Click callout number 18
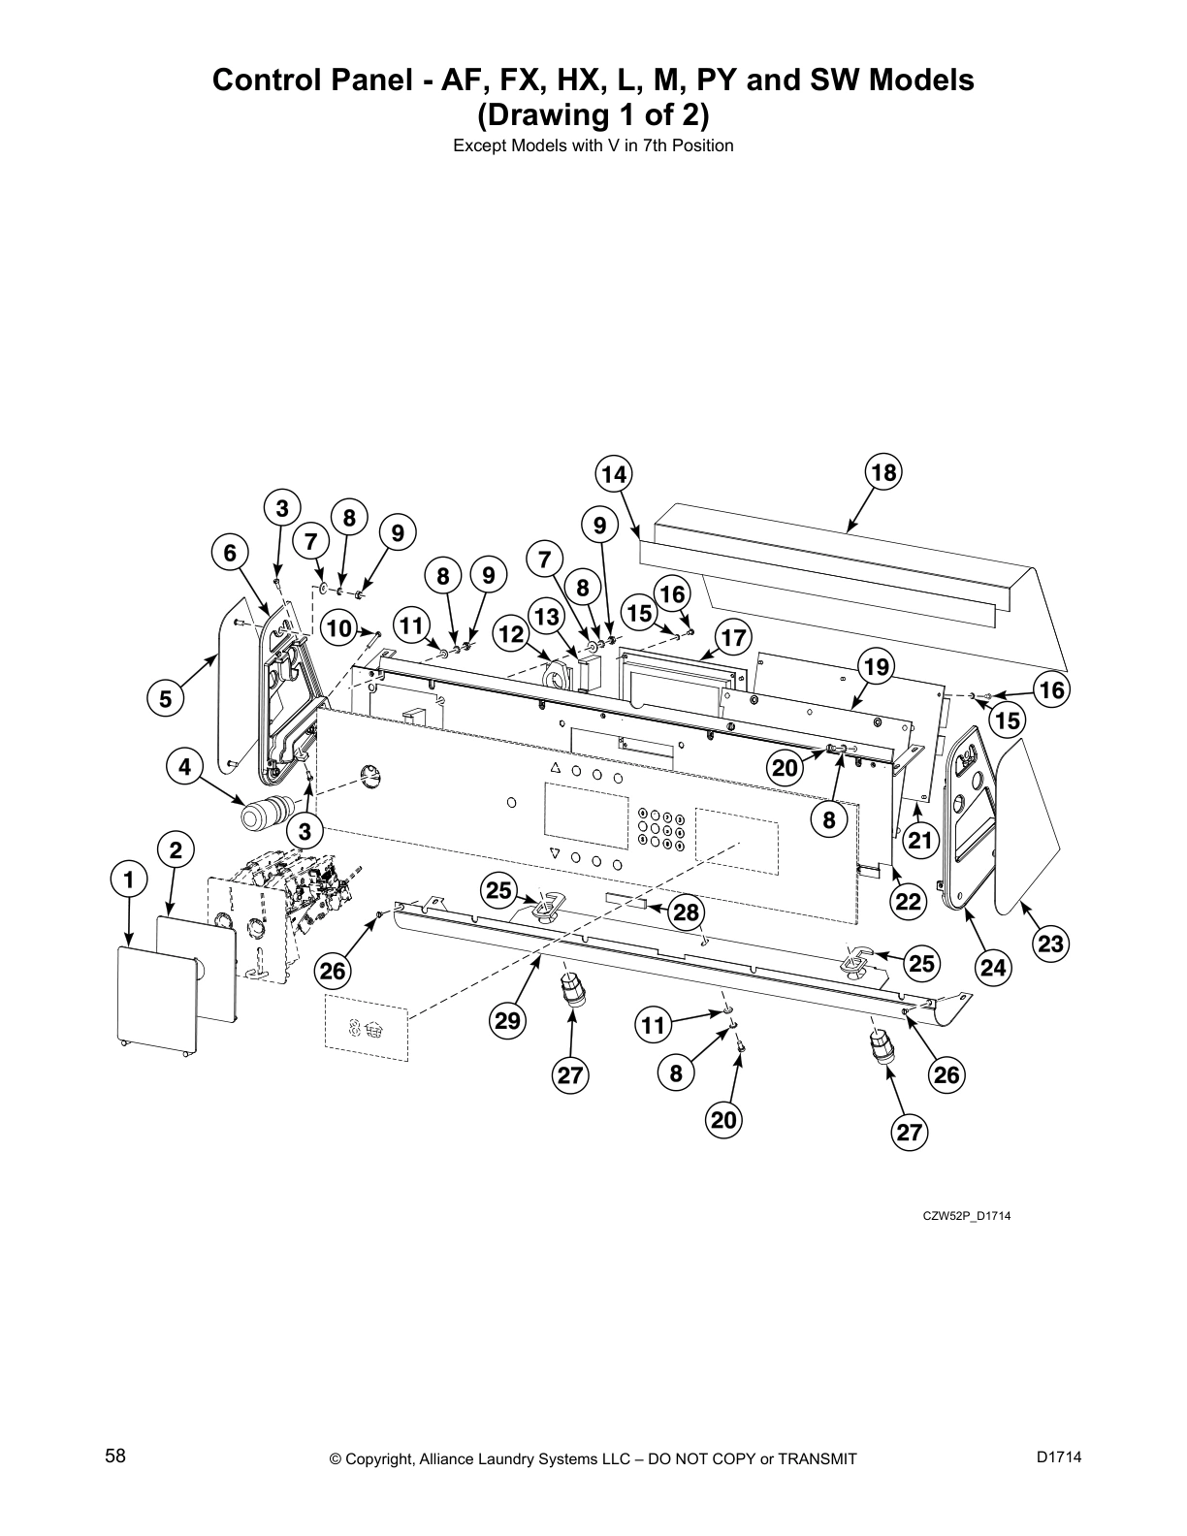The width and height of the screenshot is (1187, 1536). [x=883, y=472]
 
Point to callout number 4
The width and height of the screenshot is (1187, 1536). [x=184, y=767]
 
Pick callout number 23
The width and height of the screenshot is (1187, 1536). [x=1050, y=943]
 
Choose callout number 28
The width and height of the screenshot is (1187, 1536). [x=686, y=912]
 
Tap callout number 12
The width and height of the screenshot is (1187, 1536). [x=511, y=635]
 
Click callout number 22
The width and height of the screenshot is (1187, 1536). [x=908, y=902]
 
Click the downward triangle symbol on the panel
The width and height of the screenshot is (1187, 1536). [x=555, y=854]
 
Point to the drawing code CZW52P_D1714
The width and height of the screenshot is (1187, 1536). [x=966, y=1216]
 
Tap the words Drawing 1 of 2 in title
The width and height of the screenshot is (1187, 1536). [x=593, y=116]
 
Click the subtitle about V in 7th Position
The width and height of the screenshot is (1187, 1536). [x=593, y=146]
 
